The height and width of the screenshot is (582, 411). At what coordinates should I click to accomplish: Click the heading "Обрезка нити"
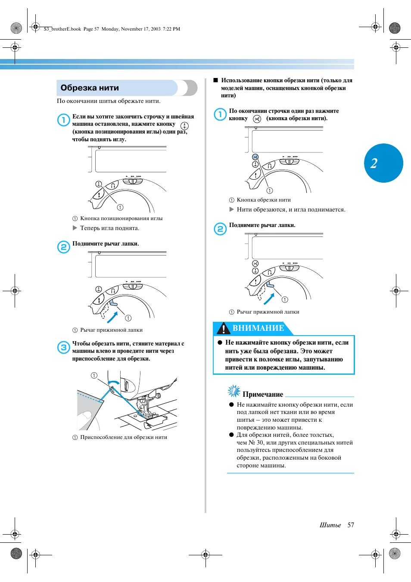click(90, 88)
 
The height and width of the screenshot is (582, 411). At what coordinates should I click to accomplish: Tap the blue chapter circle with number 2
click(383, 163)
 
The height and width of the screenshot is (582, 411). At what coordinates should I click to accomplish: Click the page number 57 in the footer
click(351, 525)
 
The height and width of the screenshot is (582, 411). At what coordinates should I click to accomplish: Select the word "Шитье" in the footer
click(330, 525)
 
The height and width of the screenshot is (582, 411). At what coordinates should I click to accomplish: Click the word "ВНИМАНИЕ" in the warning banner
click(258, 328)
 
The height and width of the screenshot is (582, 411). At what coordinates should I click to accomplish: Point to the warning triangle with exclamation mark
click(223, 329)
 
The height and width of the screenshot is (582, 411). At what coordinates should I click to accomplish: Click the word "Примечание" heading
click(263, 394)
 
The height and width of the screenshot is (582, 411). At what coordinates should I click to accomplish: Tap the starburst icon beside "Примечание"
click(234, 391)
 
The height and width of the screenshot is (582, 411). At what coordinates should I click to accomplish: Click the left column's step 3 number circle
click(63, 347)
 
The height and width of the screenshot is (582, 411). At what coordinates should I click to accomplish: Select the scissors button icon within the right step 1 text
click(257, 119)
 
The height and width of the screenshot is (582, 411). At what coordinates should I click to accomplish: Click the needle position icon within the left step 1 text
click(184, 126)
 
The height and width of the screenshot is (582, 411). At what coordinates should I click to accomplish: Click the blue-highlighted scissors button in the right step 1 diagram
click(255, 157)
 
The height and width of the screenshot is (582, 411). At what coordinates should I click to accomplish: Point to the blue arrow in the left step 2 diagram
click(112, 317)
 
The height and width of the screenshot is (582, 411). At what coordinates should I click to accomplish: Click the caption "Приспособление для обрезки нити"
click(124, 437)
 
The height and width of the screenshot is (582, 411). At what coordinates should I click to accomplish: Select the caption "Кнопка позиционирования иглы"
click(121, 218)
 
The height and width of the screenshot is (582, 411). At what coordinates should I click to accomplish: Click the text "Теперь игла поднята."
click(109, 228)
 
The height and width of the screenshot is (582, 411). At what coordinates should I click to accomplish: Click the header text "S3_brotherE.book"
click(62, 29)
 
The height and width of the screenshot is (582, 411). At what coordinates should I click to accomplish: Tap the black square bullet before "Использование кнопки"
click(216, 80)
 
